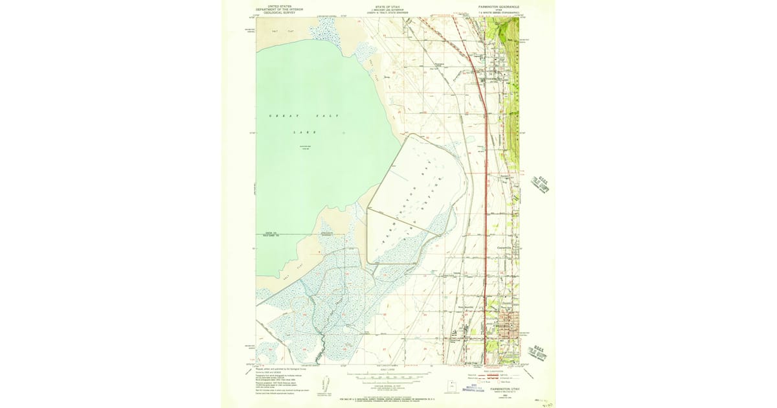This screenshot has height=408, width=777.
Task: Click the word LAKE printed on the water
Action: [x=304, y=132]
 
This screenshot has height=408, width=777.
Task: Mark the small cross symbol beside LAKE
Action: [x=344, y=133]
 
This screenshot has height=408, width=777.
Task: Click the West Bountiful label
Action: [x=466, y=307]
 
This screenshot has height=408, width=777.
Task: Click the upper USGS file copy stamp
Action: [x=540, y=185]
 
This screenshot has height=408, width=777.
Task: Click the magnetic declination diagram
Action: [x=327, y=385]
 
